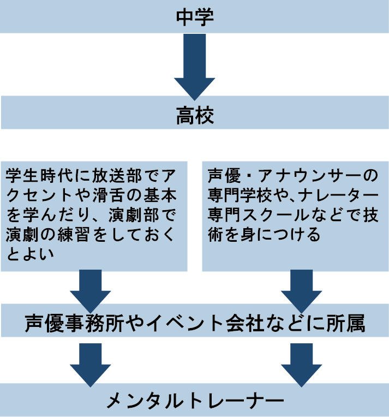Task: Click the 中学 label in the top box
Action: (194, 16)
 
